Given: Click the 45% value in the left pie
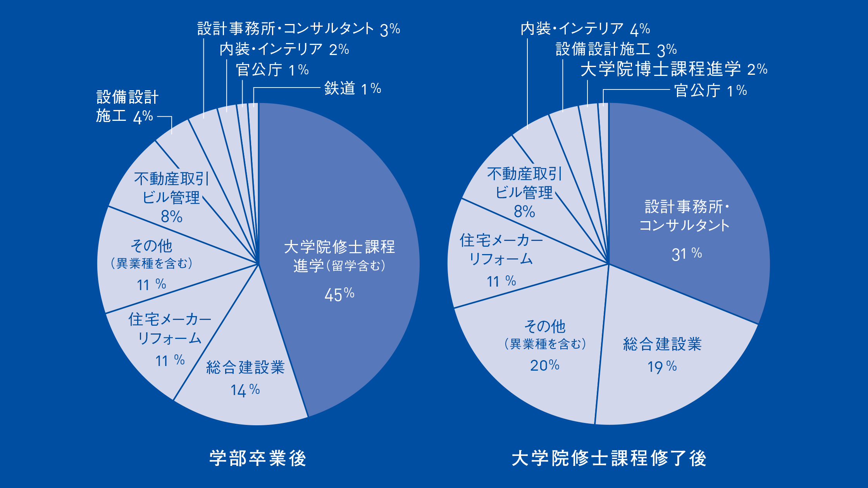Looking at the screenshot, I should coord(339,295).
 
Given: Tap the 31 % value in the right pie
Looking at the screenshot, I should coord(686,254).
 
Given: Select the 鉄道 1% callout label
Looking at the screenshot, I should coord(353,89).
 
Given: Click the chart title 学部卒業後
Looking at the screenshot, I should coord(258,458).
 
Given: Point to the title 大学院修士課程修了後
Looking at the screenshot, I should coord(609,458).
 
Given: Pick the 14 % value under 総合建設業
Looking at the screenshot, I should coord(245,390).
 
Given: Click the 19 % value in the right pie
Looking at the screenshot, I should coord(662,366).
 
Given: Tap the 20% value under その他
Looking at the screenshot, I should coord(544,365).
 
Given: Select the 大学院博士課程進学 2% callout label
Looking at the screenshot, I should coord(673,69).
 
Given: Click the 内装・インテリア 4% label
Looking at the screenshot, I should coord(585,29).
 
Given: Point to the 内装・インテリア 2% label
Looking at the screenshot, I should coord(284,50).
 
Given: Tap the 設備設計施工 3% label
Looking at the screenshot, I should coord(616,50).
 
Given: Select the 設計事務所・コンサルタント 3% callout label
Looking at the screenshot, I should coord(298,29).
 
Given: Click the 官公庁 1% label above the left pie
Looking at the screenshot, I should coord(272,70).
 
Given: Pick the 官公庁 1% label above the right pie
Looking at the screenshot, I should coord(710,91).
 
